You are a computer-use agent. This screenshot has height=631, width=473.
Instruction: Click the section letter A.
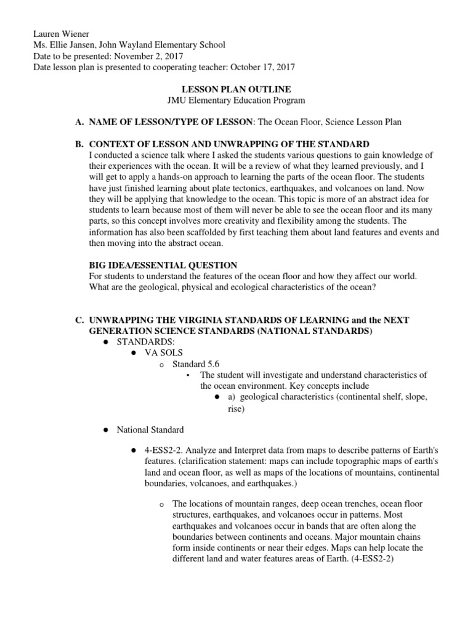tap(79, 122)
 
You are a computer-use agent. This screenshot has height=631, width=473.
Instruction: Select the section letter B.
tap(79, 144)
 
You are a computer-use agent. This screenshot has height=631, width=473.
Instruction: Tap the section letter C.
tap(79, 320)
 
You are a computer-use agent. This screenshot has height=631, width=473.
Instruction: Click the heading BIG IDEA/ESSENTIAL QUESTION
tap(163, 265)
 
